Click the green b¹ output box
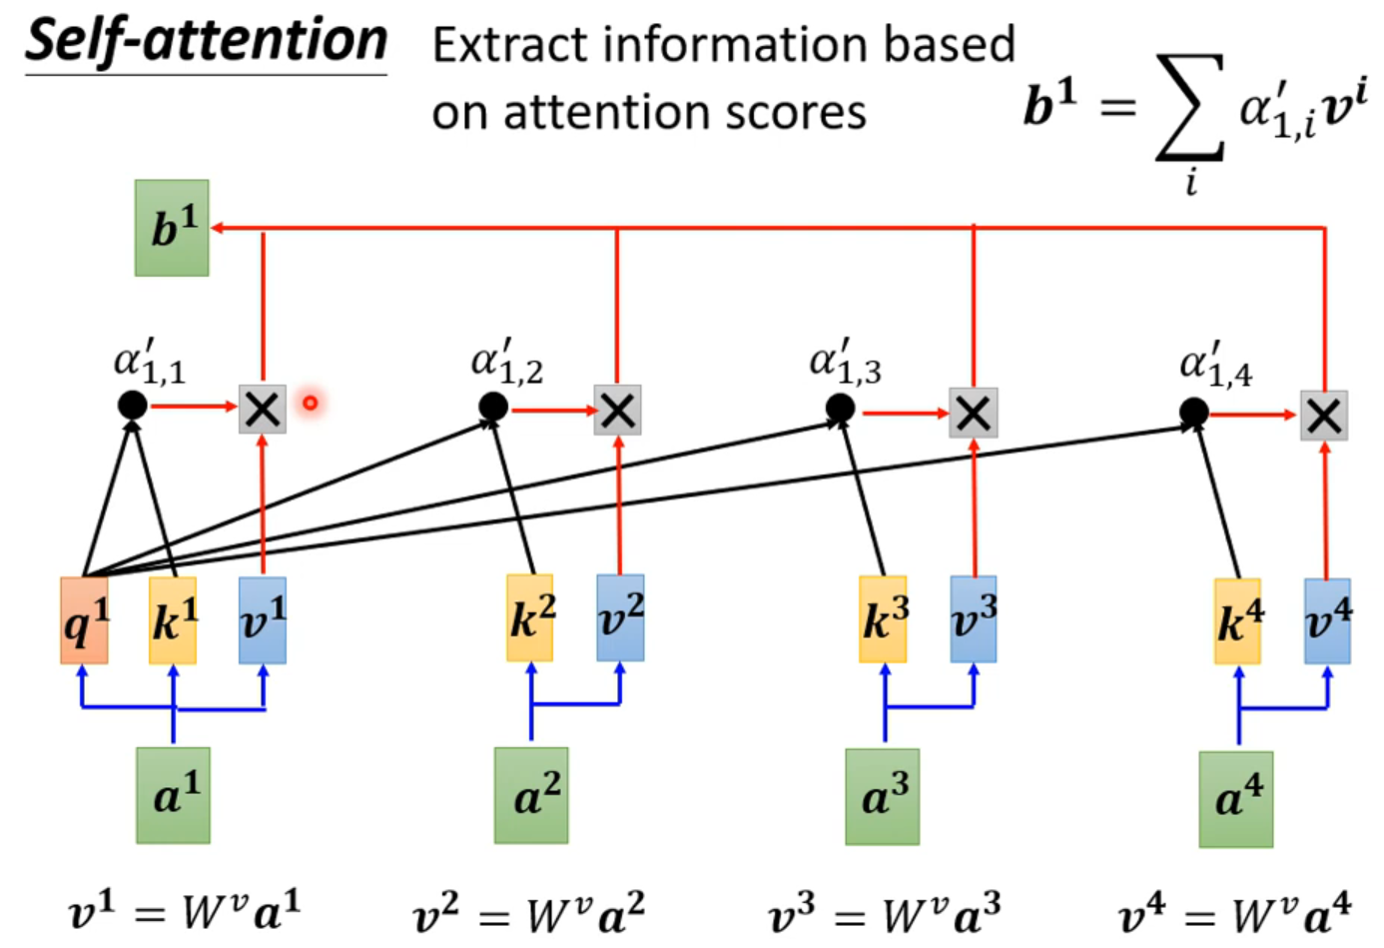click(x=172, y=228)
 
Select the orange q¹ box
click(x=84, y=620)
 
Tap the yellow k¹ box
click(x=173, y=620)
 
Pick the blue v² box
click(x=620, y=617)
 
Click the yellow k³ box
click(x=883, y=619)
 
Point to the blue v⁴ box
click(x=1327, y=620)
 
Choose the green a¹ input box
click(x=174, y=795)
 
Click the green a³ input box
click(x=883, y=797)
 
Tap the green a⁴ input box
click(x=1236, y=799)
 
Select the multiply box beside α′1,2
click(x=617, y=410)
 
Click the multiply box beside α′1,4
click(x=1324, y=416)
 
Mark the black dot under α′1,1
click(x=132, y=405)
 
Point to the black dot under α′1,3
click(x=840, y=408)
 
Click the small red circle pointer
click(x=311, y=403)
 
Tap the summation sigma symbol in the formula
click(x=1189, y=108)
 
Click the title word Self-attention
click(x=206, y=42)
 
